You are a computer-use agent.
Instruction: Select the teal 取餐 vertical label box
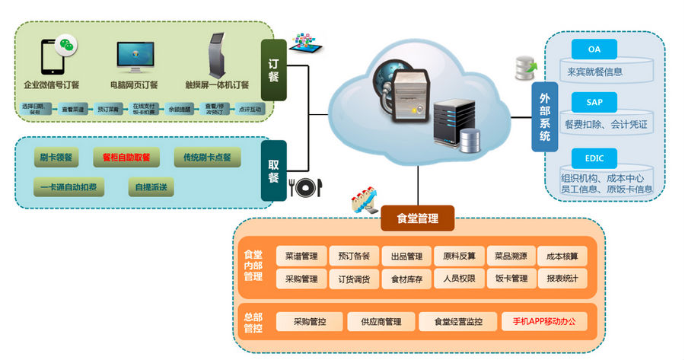(x=273, y=170)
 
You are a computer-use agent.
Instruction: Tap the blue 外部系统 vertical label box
(x=544, y=117)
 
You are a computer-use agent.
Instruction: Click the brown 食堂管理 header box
(x=417, y=218)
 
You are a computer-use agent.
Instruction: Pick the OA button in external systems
(x=594, y=49)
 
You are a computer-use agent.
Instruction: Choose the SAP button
(x=594, y=101)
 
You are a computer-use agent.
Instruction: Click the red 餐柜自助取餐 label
(x=126, y=158)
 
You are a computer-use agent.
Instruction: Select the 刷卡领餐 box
(x=56, y=158)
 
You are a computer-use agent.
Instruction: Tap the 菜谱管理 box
(x=301, y=256)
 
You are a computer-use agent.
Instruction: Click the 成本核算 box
(x=562, y=256)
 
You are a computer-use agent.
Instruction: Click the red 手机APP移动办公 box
(x=539, y=322)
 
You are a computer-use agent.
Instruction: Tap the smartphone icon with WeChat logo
(x=57, y=54)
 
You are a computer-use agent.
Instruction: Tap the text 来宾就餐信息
(x=594, y=72)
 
